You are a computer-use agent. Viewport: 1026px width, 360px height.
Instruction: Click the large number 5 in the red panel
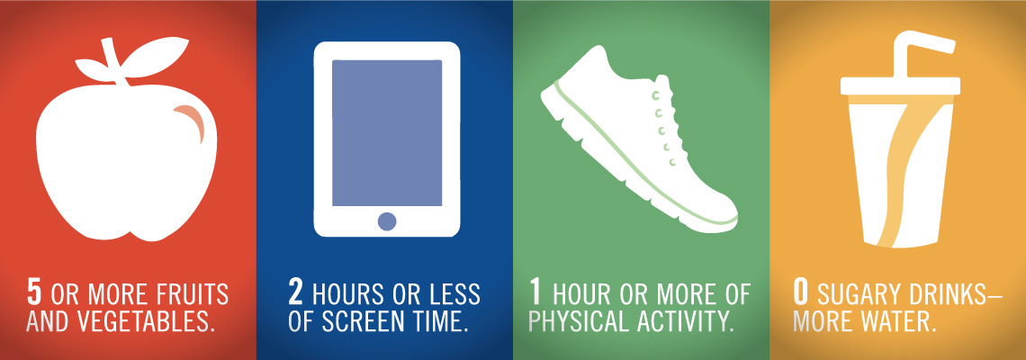[x=33, y=293]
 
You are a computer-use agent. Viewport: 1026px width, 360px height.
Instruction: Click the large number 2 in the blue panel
[x=296, y=293]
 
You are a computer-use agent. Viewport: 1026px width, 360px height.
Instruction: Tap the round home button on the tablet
[x=387, y=221]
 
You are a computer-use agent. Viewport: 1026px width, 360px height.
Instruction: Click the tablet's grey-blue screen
[x=387, y=133]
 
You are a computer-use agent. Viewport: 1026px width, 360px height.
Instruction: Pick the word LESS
[x=454, y=294]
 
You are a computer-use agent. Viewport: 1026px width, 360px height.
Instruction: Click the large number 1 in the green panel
[x=535, y=293]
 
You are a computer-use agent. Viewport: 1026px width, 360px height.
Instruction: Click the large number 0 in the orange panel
[x=800, y=293]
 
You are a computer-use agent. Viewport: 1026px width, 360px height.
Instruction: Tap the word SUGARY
[x=851, y=294]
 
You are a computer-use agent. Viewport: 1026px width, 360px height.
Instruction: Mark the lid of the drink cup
[x=900, y=86]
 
